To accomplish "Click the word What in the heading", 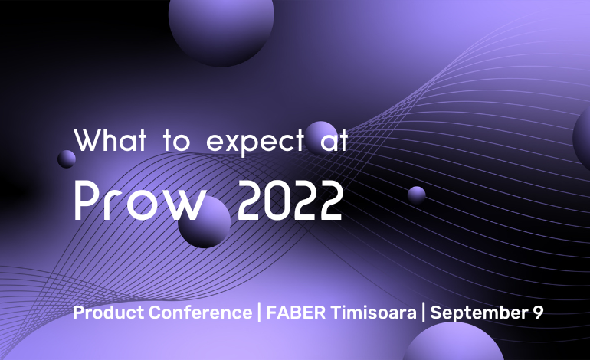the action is click(110, 140).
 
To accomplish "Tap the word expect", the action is click(255, 142).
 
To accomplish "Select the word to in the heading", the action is click(176, 141).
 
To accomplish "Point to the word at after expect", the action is click(334, 141).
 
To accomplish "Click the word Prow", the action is click(140, 200).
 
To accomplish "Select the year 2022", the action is click(290, 200).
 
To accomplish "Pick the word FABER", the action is click(296, 313).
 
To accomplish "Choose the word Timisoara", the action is click(374, 313).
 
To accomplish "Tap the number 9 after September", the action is click(539, 313).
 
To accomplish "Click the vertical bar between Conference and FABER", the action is click(259, 313).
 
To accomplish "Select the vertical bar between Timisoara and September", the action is click(424, 313).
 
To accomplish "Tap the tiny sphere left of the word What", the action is click(67, 159).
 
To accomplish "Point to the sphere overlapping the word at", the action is click(321, 138).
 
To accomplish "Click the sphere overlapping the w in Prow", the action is click(205, 222).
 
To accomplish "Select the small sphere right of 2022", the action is click(417, 195).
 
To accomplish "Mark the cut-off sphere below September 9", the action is click(453, 342).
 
